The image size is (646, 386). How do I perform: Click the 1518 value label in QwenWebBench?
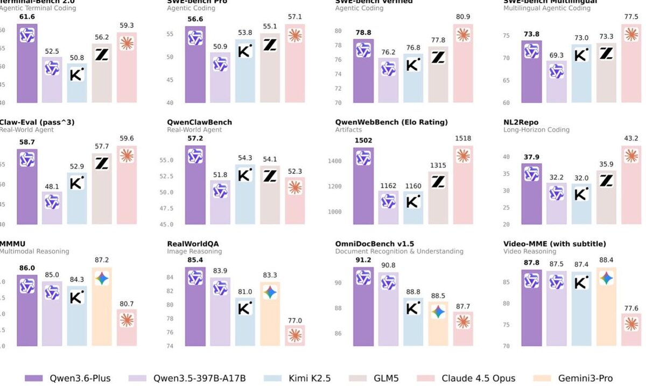(x=462, y=138)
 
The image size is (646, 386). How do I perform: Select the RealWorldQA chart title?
(x=193, y=244)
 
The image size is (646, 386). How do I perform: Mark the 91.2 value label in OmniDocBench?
(x=363, y=260)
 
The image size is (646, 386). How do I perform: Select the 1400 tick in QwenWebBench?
(x=335, y=161)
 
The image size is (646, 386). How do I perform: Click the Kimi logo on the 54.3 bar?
(x=245, y=176)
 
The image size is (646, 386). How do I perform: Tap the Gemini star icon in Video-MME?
(x=606, y=278)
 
